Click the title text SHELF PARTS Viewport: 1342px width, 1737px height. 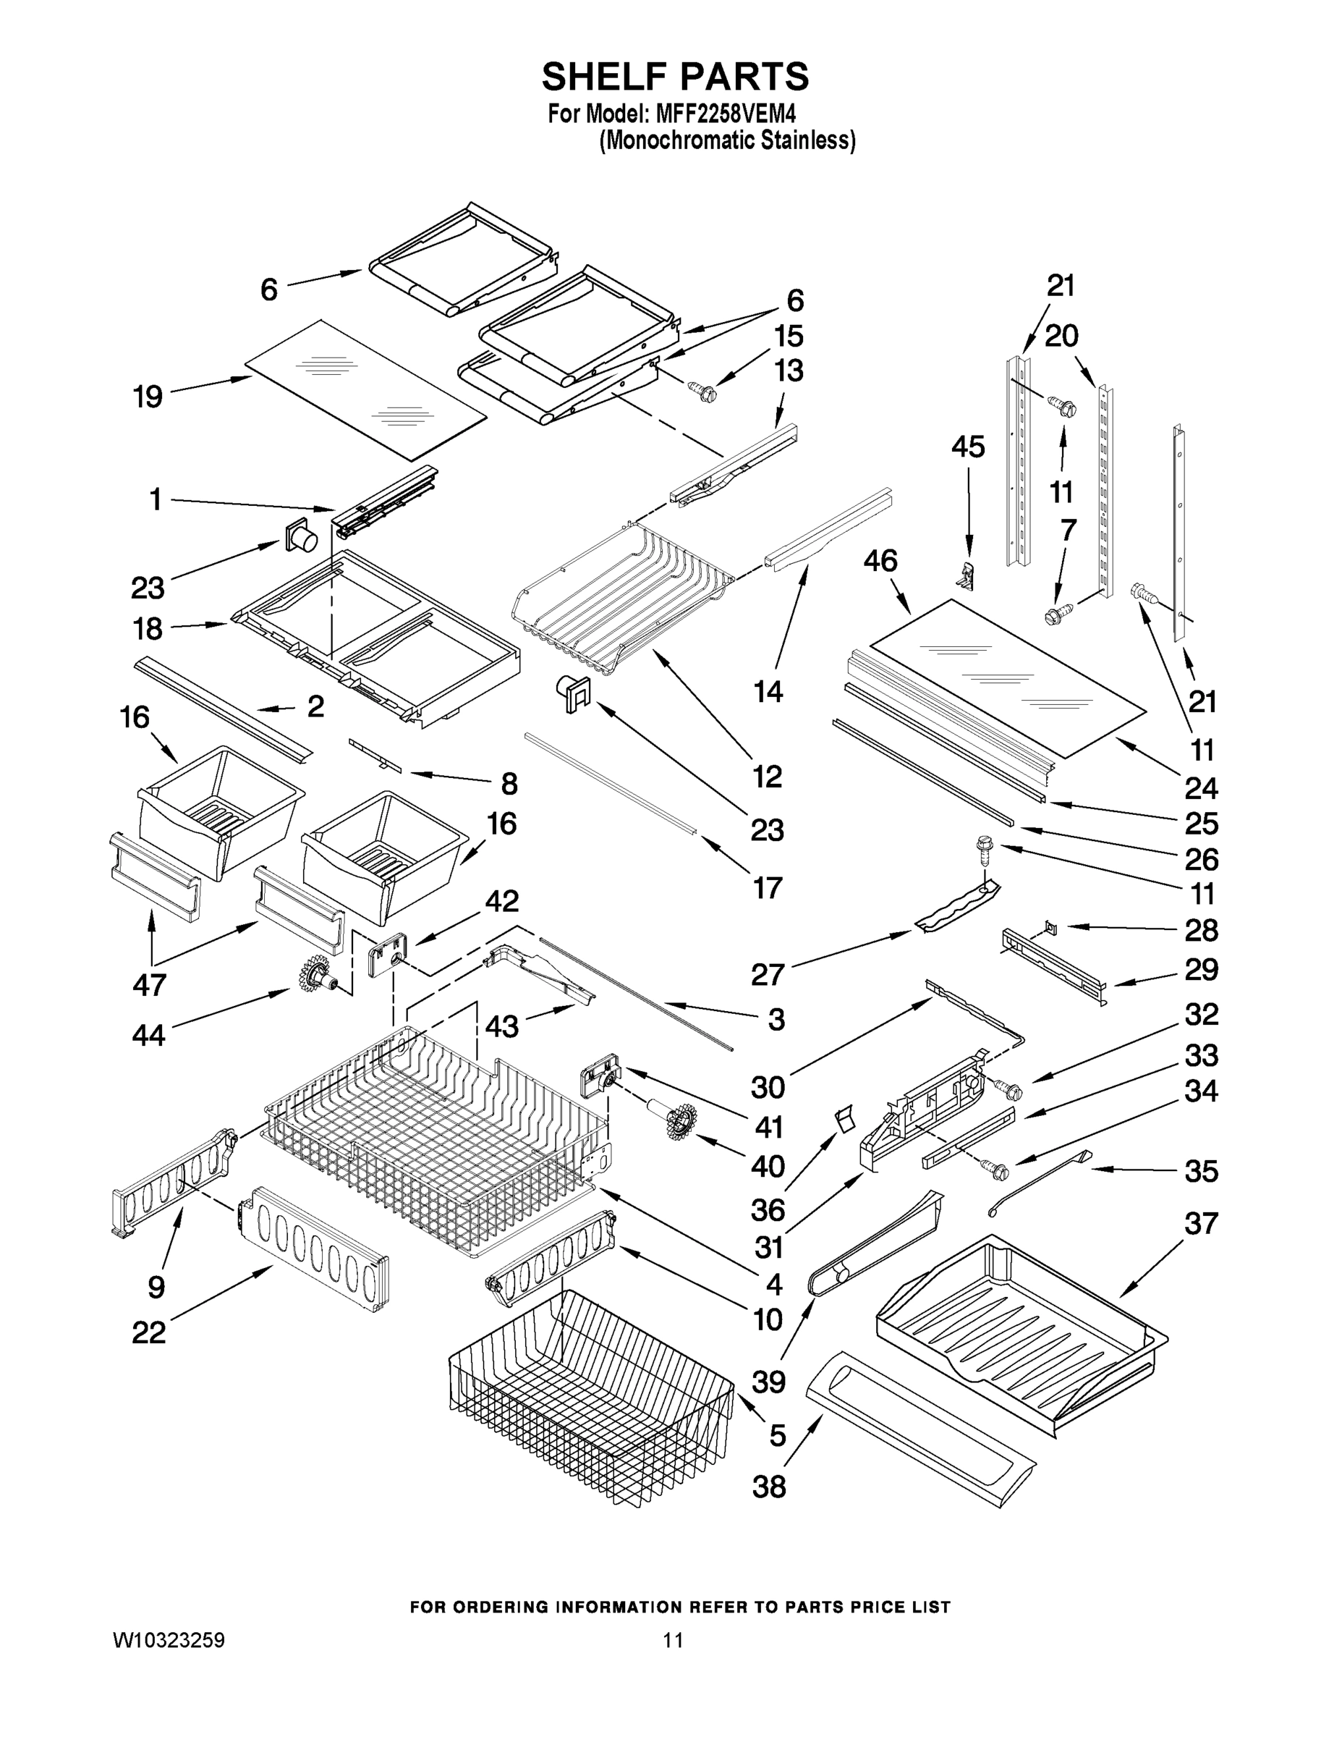point(675,77)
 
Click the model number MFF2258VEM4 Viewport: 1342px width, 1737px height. point(725,114)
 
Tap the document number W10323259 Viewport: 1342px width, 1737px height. point(169,1640)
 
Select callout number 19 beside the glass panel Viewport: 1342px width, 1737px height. point(148,395)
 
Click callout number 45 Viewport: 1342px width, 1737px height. point(967,447)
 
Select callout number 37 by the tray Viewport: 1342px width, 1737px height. point(1200,1222)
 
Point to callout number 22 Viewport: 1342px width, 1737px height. point(149,1332)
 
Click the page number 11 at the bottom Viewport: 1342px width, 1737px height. point(674,1640)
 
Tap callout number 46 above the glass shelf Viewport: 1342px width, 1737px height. point(881,561)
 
